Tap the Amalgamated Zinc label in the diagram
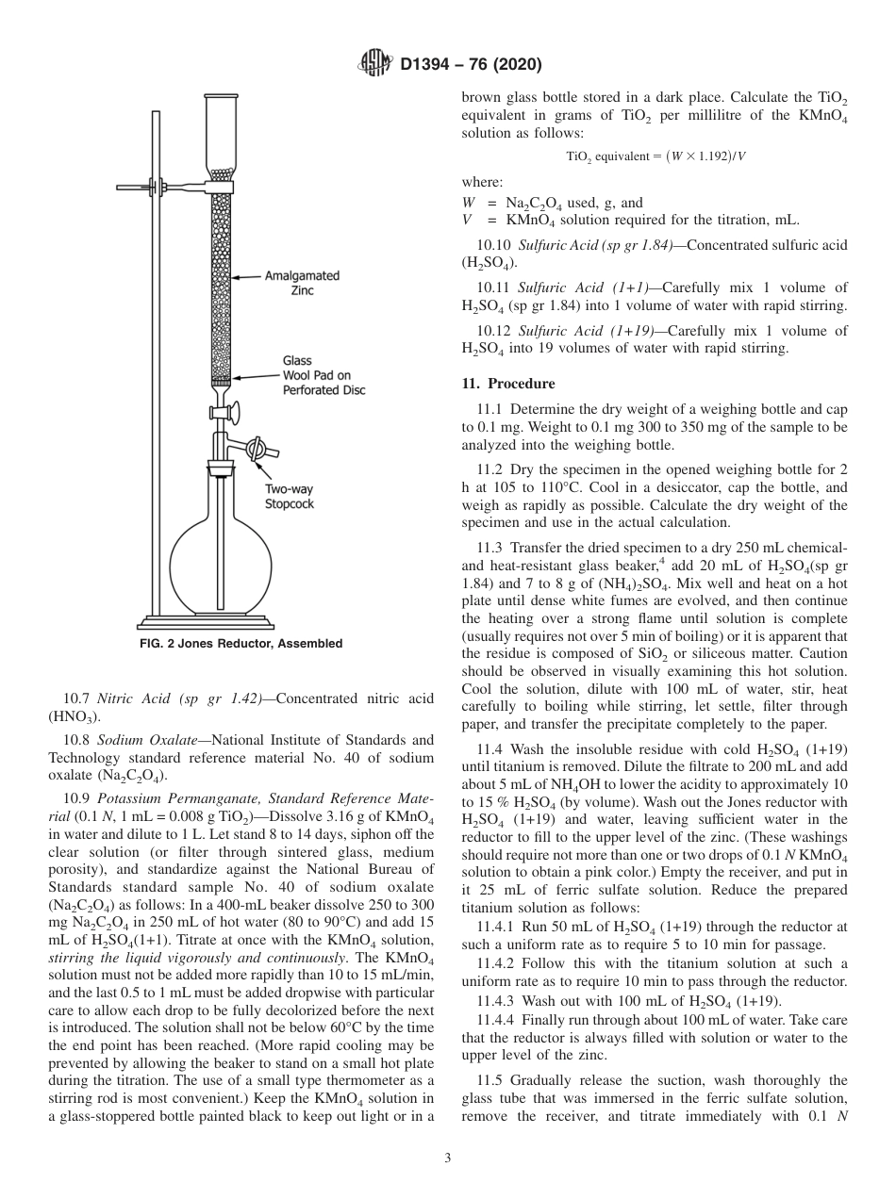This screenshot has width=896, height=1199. click(301, 284)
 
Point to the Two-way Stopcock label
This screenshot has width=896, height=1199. click(288, 497)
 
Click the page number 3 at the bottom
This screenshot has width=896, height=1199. click(448, 1158)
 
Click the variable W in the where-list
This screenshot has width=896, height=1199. click(468, 203)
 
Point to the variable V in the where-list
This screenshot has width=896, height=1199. click(467, 220)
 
